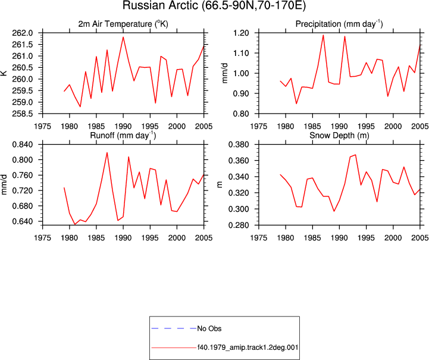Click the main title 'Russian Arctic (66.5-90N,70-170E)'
coord(214,6)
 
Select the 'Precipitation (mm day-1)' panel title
coord(339,24)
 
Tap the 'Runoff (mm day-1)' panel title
coord(123,136)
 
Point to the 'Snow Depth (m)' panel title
coord(339,136)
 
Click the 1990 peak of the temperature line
coord(123,37)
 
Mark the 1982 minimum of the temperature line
coord(80,107)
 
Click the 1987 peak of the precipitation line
coord(323,35)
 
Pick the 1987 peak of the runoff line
coord(107,153)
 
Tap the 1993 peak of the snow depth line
coord(355,155)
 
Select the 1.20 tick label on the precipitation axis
coord(241,33)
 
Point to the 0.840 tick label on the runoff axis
coord(23,145)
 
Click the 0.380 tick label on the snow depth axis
coord(239,145)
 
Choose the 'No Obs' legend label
coord(209,328)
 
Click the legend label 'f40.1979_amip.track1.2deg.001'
coord(248,348)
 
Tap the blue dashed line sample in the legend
coord(174,328)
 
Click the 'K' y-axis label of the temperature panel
coord(4,73)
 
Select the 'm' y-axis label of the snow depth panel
coord(220,184)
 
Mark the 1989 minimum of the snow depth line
coord(334,211)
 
